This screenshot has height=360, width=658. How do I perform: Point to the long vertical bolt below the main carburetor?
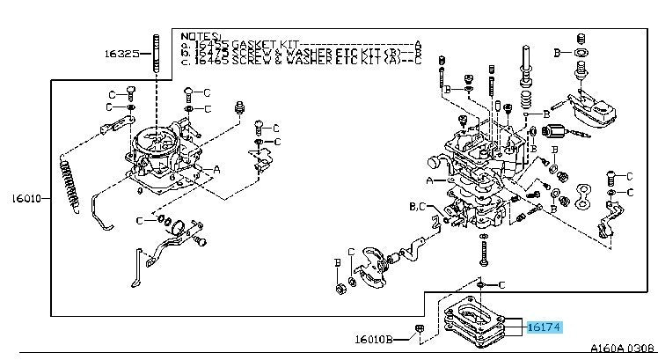tap(484, 253)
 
